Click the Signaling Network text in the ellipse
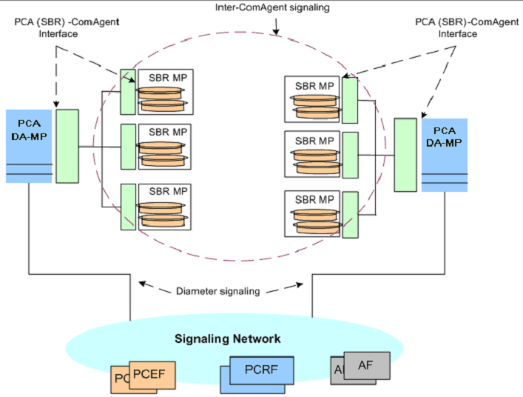[227, 339]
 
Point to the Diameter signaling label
[220, 291]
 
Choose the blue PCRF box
[263, 368]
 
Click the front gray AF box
[365, 365]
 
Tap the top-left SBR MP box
[166, 93]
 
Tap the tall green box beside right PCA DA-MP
[405, 154]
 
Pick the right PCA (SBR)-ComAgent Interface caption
[455, 27]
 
